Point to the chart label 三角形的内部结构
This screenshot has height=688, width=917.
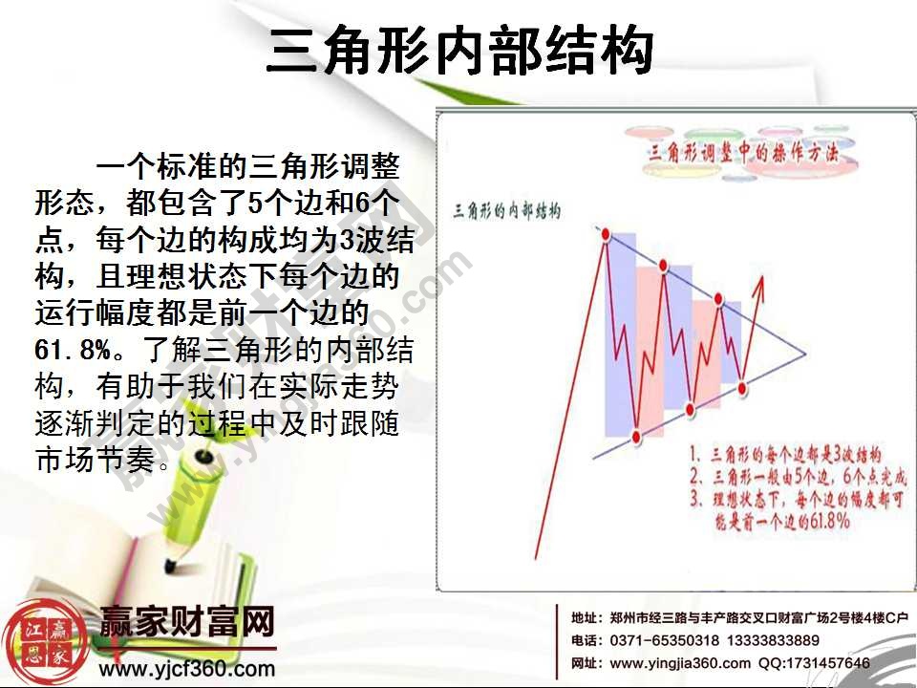pos(505,208)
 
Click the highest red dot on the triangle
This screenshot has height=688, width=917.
pos(605,232)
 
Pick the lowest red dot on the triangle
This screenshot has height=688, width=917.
pos(637,437)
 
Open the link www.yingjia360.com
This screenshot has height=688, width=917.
pos(680,663)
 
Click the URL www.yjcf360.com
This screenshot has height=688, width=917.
pos(187,670)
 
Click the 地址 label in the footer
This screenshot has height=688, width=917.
pos(586,617)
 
